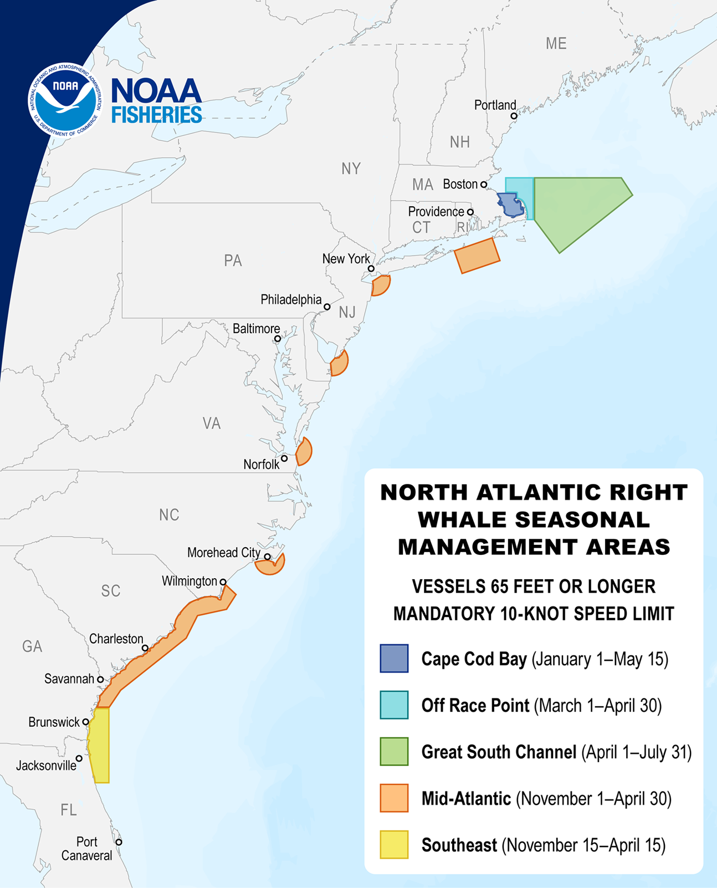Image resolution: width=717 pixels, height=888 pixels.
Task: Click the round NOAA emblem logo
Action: tap(65, 100)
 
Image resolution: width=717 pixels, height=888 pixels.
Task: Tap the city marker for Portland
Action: tap(514, 116)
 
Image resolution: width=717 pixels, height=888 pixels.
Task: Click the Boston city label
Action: tap(460, 184)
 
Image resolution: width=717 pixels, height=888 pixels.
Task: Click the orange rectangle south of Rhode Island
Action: tap(477, 256)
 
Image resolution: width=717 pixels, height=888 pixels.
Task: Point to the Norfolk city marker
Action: tap(284, 458)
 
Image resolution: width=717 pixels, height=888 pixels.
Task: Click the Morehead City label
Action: tap(223, 553)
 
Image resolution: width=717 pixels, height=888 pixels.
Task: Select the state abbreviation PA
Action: tap(233, 261)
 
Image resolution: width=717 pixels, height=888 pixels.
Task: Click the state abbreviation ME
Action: tap(556, 44)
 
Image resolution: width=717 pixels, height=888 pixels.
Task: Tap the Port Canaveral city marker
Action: tap(119, 842)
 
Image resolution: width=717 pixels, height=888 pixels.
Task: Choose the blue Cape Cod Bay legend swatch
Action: tap(394, 659)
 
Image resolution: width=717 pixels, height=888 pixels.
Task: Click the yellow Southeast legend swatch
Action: tap(394, 845)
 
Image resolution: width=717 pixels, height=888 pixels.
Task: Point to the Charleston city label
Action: tap(116, 639)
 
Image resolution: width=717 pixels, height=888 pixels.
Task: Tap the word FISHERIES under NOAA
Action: tap(157, 115)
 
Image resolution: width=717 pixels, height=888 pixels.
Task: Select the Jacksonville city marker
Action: tap(79, 758)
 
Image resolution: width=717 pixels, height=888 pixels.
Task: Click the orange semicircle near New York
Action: tap(381, 285)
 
